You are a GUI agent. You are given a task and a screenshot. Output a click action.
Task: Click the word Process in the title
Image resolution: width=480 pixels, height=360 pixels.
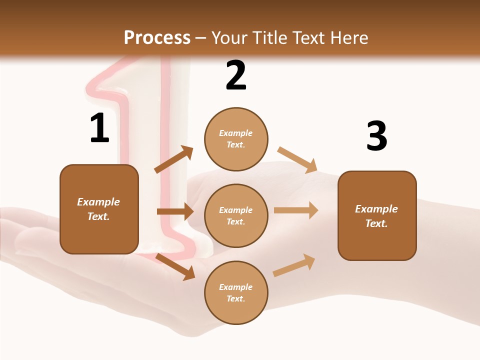tap(157, 38)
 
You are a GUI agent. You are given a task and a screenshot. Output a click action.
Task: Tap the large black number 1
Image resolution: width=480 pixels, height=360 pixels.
tap(99, 128)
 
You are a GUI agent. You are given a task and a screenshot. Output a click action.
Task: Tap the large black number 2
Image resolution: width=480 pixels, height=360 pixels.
tap(236, 75)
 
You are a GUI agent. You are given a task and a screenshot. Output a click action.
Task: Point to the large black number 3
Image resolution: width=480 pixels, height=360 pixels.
tap(376, 136)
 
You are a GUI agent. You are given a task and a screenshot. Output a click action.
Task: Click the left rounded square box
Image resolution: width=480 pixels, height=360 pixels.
tap(99, 209)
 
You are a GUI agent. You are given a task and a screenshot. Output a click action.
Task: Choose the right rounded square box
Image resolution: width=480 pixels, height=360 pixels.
tap(377, 215)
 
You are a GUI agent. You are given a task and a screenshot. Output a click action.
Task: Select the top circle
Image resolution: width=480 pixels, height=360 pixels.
tap(236, 139)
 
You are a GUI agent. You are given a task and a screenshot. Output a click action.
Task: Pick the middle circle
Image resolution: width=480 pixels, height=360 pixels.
tap(236, 215)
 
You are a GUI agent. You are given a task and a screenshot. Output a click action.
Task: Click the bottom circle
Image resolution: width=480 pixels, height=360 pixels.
tap(236, 292)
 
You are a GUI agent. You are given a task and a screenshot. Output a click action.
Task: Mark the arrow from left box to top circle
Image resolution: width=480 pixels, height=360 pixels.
tap(173, 160)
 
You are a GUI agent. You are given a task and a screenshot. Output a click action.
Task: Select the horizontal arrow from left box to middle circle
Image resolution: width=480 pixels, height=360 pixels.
tap(175, 211)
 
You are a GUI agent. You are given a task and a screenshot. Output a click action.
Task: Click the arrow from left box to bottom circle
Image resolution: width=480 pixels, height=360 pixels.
tap(175, 266)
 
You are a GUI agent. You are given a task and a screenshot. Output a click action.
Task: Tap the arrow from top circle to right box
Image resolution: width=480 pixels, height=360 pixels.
tap(297, 160)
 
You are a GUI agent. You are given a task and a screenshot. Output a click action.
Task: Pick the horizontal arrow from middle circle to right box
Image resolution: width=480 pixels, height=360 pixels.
tap(296, 210)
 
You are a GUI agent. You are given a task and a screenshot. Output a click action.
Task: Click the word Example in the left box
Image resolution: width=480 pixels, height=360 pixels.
tap(98, 202)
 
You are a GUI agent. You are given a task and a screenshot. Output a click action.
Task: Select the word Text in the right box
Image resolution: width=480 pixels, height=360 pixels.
tap(375, 223)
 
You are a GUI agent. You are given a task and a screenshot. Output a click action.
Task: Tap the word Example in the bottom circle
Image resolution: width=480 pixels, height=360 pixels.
tap(236, 287)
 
